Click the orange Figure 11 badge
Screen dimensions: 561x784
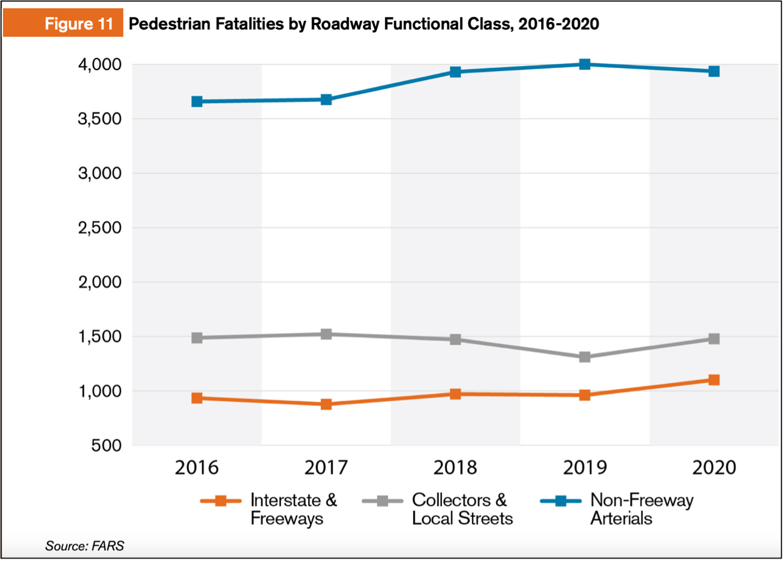point(63,23)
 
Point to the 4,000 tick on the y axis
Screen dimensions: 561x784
point(100,64)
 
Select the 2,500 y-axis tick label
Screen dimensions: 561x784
point(100,227)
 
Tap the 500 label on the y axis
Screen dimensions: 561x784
point(107,445)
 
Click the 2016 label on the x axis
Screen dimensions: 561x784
point(197,467)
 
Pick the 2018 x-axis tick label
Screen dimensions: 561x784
point(455,467)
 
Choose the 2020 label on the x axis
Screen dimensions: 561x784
point(714,467)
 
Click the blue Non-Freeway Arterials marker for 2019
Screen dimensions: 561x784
point(585,64)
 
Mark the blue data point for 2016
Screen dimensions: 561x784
point(197,101)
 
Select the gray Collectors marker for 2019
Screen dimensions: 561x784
point(585,357)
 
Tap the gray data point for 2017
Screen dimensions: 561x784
point(326,334)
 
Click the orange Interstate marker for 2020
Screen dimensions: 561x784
point(714,380)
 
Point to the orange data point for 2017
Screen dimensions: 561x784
point(326,404)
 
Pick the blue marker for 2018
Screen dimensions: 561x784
point(455,72)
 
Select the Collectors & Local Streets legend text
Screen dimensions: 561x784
point(462,509)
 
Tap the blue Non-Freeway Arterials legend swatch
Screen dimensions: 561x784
point(561,500)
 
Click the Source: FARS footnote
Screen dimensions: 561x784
point(84,546)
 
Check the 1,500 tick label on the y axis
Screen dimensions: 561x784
point(100,336)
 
